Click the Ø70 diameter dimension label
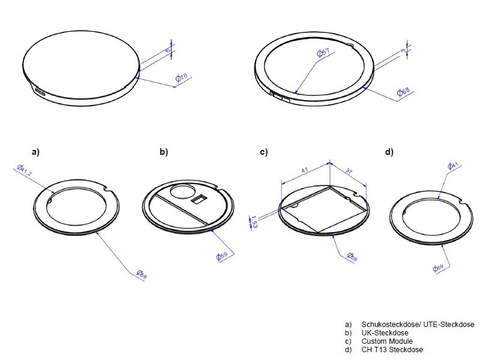point(181,78)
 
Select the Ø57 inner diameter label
point(323,52)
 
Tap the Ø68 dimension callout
point(403,92)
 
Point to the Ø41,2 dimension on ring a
point(25,170)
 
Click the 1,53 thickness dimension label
point(253,221)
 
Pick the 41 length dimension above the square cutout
point(305,170)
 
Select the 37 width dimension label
point(349,170)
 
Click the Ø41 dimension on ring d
point(453,166)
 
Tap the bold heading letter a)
point(36,152)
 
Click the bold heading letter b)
point(164,152)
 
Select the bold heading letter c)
point(263,152)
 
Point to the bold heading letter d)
point(389,152)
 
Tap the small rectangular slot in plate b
point(198,199)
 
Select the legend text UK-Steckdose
point(385,333)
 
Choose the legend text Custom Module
point(387,341)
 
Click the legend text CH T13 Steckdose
point(392,350)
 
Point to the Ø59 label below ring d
point(438,268)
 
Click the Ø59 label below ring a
point(142,274)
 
